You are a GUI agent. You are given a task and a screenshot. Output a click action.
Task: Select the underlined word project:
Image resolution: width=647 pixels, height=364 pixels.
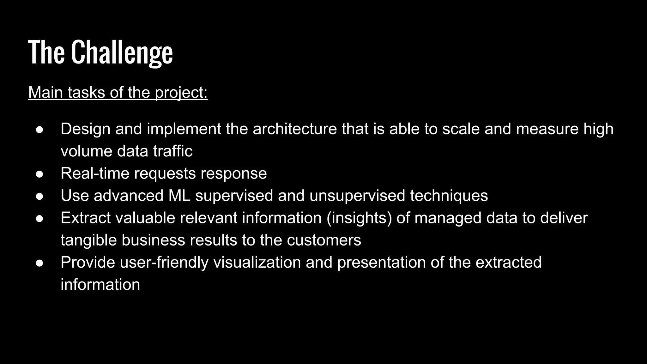pos(181,93)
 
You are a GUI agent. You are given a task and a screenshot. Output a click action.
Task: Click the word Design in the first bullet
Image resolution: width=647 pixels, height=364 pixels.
pos(85,129)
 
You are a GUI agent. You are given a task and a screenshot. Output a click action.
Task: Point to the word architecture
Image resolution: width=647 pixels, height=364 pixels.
pos(295,129)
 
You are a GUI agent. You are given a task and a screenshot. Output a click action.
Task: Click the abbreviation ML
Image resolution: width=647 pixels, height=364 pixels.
pos(179,196)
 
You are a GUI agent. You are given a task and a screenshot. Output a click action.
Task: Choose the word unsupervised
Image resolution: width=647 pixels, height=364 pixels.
pos(357,196)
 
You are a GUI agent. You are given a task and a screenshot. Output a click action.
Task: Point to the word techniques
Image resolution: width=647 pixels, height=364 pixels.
pos(449,196)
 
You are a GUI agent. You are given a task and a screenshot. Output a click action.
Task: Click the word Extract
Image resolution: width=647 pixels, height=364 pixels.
pos(85,218)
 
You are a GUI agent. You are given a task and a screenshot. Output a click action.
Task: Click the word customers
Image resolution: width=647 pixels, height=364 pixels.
pos(324,240)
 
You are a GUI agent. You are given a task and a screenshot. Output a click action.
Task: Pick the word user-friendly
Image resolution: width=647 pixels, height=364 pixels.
pos(164,262)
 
